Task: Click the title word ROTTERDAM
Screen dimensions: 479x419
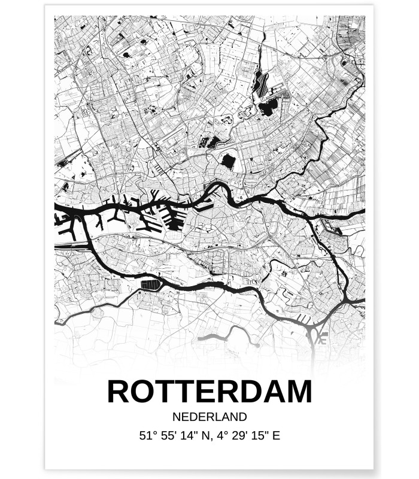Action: point(209,392)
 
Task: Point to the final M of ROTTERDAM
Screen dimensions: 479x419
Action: point(299,392)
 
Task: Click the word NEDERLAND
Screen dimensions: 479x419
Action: point(209,417)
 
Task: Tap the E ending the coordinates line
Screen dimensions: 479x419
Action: point(276,436)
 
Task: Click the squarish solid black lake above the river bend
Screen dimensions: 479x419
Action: point(228,160)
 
